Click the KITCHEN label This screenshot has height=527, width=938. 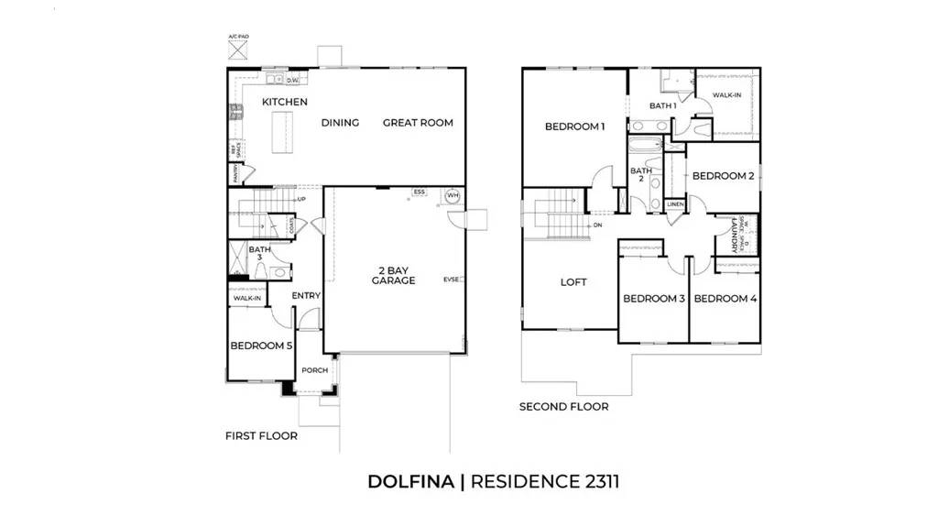285,102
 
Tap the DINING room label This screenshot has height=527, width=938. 340,123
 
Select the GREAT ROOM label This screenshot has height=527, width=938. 418,123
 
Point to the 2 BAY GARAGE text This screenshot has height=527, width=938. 393,275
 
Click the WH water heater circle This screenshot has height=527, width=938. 452,196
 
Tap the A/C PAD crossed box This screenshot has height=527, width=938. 238,49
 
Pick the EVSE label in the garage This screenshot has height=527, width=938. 452,280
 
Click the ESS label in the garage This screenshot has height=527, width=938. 420,192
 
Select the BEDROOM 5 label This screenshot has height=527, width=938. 261,346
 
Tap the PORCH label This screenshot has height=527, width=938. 314,370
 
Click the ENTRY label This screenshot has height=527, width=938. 306,296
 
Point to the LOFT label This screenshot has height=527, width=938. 573,282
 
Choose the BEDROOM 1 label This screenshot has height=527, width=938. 574,126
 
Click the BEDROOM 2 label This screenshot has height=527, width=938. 723,176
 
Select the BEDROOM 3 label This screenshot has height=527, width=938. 654,299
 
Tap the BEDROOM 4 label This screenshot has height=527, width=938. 725,299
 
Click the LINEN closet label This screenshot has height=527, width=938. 675,204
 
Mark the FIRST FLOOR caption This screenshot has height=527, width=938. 261,436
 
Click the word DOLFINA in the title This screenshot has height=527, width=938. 410,481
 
